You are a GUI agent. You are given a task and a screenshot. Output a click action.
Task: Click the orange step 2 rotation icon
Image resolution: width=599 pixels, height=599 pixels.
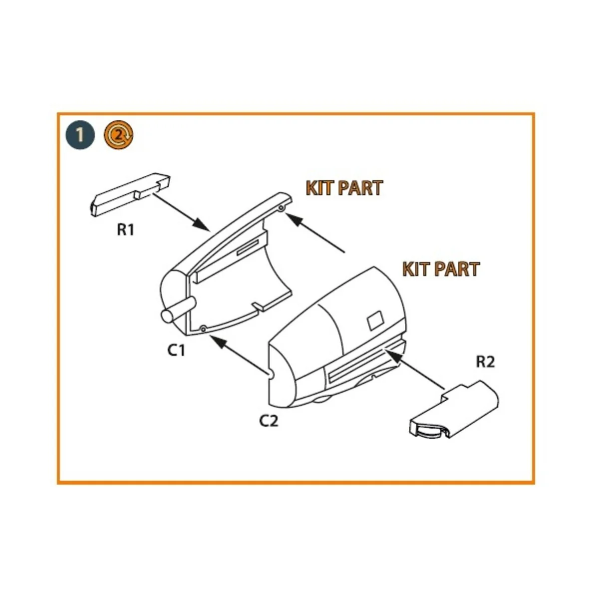coord(118,134)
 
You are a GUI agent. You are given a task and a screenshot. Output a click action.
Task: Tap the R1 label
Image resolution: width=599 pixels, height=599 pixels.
coord(126,231)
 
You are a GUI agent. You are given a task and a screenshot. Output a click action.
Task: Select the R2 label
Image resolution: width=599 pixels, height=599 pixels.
coord(485,361)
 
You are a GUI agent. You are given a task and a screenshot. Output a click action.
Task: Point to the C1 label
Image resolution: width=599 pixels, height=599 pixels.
coord(176,351)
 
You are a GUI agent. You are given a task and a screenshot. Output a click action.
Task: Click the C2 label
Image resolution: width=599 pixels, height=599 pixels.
coord(269,421)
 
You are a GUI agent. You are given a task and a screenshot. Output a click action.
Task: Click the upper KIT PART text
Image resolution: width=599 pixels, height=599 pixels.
coord(344,188)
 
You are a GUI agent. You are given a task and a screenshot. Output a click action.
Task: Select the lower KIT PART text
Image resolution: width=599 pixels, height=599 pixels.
coord(441,269)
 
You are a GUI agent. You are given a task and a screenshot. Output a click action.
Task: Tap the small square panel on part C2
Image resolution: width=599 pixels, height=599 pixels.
coord(376,320)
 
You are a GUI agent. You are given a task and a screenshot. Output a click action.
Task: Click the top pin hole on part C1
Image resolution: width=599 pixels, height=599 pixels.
coord(282,207)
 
